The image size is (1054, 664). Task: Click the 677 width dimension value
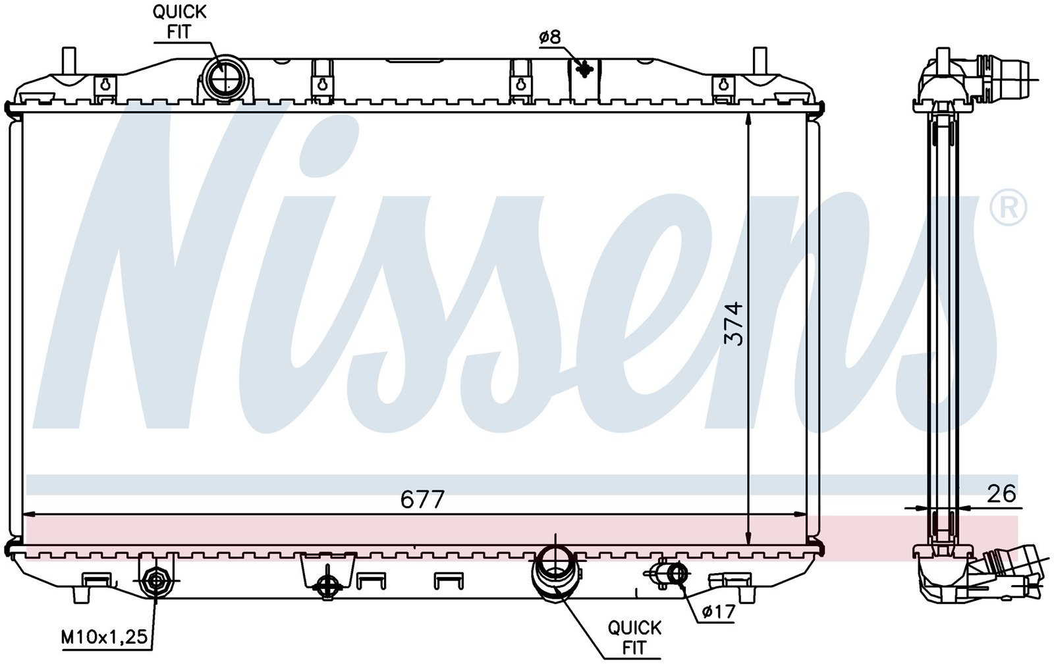(422, 499)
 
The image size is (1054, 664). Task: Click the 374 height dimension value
(734, 324)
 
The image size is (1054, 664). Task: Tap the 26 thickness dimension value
(1001, 494)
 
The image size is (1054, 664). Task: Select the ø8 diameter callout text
(551, 37)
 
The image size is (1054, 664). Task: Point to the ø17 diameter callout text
(718, 611)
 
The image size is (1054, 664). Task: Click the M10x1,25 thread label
(105, 637)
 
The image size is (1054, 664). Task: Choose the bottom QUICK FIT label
(634, 638)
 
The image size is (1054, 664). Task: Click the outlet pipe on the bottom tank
(555, 573)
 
